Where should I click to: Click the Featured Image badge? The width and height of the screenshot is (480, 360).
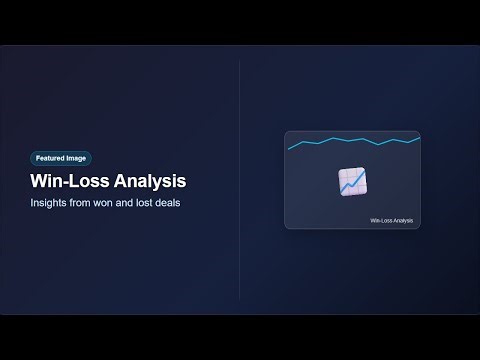[x=61, y=158]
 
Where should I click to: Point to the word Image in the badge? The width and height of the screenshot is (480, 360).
[x=76, y=158]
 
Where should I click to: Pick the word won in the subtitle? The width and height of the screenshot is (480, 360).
[x=111, y=204]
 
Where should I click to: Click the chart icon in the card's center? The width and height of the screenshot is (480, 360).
[x=352, y=181]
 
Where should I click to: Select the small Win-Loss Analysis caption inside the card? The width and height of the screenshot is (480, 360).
[x=391, y=220]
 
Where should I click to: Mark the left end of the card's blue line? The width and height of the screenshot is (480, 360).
[x=289, y=149]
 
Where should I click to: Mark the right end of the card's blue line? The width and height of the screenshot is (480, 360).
[x=419, y=138]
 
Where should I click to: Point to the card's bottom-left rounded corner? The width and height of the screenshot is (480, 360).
[x=287, y=226]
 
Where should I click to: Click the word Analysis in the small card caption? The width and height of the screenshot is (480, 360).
[x=401, y=220]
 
